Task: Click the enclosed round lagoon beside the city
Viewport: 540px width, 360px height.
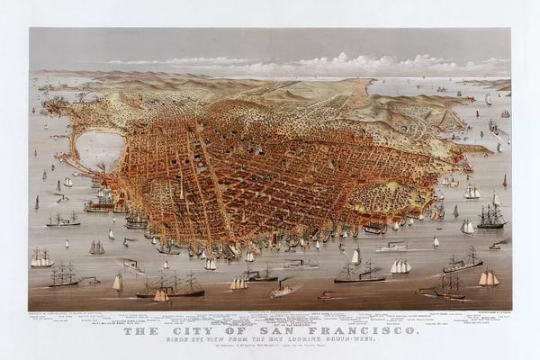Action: pos(99,148)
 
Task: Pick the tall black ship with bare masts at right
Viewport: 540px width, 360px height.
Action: pos(491,216)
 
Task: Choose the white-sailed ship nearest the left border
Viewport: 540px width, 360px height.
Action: pos(40,258)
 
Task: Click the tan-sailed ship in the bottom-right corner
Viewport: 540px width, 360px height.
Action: pos(488,278)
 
